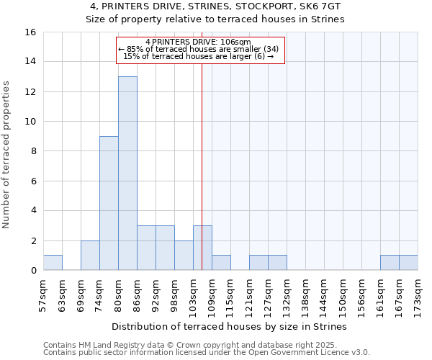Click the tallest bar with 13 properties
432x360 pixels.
click(127, 173)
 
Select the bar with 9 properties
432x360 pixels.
click(109, 203)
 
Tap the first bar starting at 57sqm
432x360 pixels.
click(53, 263)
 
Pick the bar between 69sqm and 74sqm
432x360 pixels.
click(90, 256)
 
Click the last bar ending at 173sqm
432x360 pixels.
click(408, 263)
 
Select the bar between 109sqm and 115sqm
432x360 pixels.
click(221, 263)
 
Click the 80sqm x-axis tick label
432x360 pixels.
click(119, 294)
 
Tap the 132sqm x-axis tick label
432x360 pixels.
click(287, 294)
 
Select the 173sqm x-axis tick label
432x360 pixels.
click(418, 294)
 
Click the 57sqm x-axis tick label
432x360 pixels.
click(44, 294)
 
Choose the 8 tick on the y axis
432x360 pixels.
click(32, 151)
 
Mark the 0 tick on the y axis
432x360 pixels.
click(32, 271)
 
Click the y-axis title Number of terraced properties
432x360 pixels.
click(7, 155)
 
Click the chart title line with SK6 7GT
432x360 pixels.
click(216, 6)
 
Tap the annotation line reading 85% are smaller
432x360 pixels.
click(202, 49)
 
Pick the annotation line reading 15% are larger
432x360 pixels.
click(199, 56)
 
